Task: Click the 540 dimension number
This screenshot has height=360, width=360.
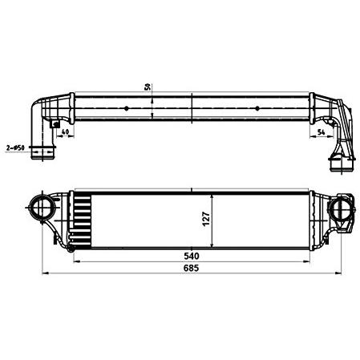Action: pyautogui.click(x=192, y=256)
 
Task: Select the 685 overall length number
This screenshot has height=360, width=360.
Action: pyautogui.click(x=192, y=268)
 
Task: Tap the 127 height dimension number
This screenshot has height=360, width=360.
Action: pyautogui.click(x=206, y=219)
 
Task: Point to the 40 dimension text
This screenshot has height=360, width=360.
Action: pyautogui.click(x=65, y=131)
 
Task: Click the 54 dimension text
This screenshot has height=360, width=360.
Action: pyautogui.click(x=321, y=131)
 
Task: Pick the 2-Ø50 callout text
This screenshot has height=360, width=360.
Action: pyautogui.click(x=15, y=148)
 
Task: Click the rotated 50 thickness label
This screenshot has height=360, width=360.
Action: pyautogui.click(x=148, y=87)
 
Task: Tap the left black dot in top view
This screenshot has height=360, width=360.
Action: pyautogui.click(x=127, y=108)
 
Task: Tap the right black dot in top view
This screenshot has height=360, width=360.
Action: pyautogui.click(x=257, y=108)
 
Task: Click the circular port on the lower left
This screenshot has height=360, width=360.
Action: pyautogui.click(x=42, y=208)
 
